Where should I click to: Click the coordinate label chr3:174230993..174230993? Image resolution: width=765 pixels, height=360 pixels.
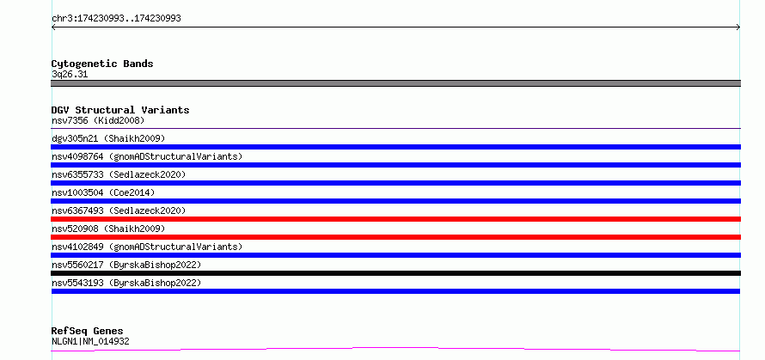(116, 19)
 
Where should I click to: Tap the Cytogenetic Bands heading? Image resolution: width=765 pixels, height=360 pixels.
(102, 64)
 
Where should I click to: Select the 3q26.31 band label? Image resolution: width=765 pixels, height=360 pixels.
(70, 75)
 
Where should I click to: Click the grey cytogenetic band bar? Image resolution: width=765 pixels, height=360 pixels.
(395, 83)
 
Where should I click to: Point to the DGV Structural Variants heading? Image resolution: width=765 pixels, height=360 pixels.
(120, 110)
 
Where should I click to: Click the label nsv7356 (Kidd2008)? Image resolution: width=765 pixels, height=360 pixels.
(98, 120)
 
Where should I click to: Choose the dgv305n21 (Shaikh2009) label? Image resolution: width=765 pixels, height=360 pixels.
(108, 138)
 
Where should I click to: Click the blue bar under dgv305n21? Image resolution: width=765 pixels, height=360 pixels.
(395, 147)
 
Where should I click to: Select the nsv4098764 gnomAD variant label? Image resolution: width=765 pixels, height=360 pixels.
(147, 156)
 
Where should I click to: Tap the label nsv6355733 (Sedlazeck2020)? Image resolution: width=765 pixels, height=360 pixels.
(119, 174)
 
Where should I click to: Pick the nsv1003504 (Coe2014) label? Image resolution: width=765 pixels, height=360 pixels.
(103, 192)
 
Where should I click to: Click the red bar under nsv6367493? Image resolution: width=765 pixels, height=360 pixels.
(395, 219)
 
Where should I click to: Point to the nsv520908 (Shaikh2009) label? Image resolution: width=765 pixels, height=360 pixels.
(108, 229)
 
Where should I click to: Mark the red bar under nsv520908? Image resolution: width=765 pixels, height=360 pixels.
(395, 237)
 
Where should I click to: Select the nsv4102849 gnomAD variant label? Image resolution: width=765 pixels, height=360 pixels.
(147, 247)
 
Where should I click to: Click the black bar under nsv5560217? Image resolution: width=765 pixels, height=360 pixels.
(395, 273)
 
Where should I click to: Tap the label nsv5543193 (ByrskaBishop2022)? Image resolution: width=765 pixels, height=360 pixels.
(126, 283)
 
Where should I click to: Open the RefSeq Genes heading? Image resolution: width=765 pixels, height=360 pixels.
(88, 332)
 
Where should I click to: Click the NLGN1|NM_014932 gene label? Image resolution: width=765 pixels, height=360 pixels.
(90, 342)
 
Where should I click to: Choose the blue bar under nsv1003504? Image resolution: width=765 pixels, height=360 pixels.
(395, 201)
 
